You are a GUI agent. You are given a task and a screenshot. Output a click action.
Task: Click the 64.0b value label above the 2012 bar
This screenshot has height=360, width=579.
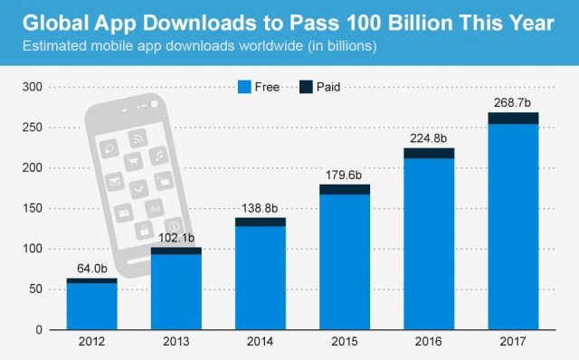click(x=91, y=269)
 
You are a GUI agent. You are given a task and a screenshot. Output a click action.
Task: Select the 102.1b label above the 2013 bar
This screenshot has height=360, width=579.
click(x=169, y=238)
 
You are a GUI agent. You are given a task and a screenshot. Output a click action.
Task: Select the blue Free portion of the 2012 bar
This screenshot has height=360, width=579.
click(x=91, y=307)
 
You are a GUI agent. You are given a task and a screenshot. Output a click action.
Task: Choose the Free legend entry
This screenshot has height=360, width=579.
click(x=258, y=87)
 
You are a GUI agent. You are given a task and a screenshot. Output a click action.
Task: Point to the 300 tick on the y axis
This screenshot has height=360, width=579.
click(x=32, y=88)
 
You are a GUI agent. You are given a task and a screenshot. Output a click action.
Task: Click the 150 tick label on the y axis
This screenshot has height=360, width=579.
click(x=32, y=209)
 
